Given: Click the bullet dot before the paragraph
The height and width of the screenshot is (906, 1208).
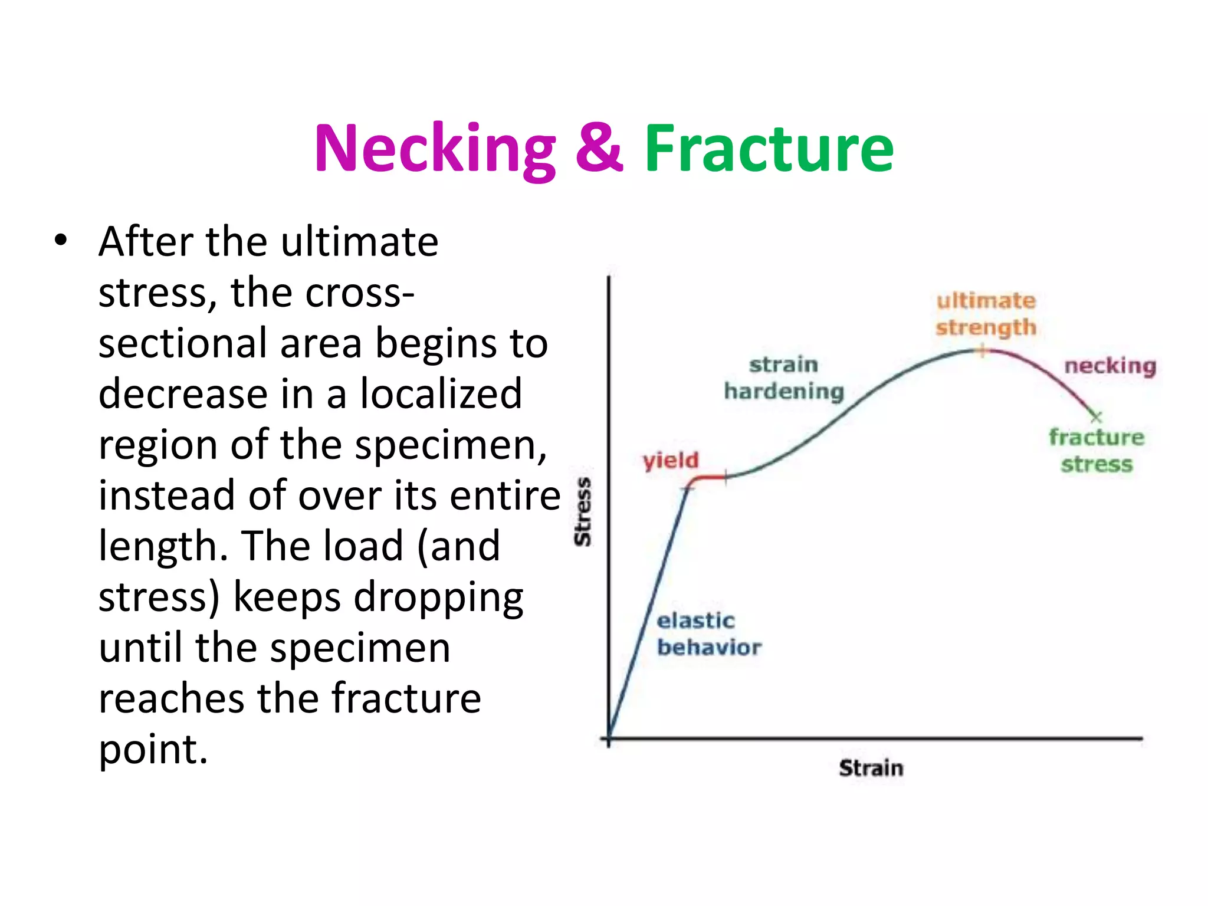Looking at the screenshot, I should (x=60, y=241).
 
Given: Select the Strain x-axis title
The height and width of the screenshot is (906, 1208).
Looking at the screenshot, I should (x=871, y=768).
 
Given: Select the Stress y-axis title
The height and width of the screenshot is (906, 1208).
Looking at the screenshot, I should (x=583, y=511).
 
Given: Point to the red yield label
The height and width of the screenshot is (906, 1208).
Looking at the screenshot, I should (x=671, y=460).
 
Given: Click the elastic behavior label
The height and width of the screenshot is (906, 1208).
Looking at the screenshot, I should (x=708, y=634).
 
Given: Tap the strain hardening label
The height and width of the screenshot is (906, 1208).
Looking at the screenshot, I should (x=784, y=378).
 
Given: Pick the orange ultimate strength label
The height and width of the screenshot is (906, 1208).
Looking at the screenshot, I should (x=986, y=314).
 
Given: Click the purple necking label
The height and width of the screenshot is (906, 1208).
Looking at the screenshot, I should (x=1109, y=366).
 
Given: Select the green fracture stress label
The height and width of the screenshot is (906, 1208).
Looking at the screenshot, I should (x=1097, y=451).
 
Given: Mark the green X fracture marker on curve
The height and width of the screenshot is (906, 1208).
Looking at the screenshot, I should (x=1096, y=417).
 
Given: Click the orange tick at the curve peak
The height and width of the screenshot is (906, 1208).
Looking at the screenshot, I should (x=982, y=352).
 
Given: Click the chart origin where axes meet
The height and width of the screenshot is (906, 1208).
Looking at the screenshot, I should (x=609, y=738).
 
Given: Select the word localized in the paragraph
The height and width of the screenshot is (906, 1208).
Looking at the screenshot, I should (x=441, y=393).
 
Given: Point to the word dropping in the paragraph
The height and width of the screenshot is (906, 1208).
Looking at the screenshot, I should (x=438, y=598).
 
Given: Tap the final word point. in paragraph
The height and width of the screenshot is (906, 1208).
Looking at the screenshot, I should (x=153, y=750).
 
